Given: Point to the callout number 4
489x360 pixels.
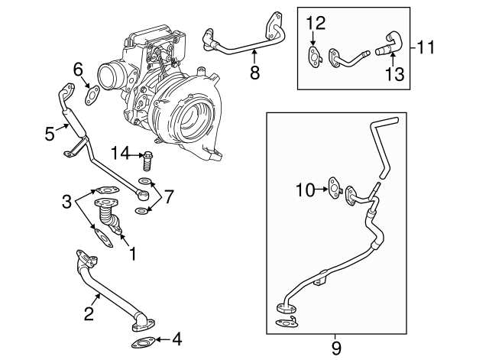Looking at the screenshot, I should pyautogui.click(x=177, y=339).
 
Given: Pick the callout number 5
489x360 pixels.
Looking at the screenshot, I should pyautogui.click(x=49, y=134).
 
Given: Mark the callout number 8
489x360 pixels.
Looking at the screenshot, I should pyautogui.click(x=255, y=73).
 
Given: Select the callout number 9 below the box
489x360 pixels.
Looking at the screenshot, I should pyautogui.click(x=336, y=349).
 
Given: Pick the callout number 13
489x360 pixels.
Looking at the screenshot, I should pyautogui.click(x=394, y=73).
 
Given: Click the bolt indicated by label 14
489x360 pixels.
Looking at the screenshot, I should pyautogui.click(x=147, y=161).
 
